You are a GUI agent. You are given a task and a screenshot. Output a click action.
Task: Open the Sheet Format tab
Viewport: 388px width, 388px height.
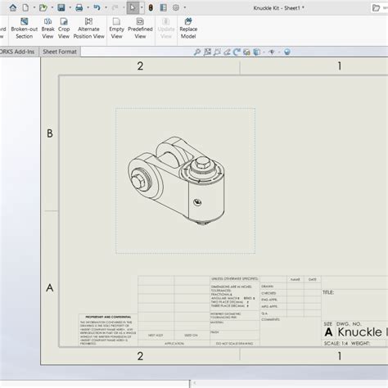[x=61, y=51]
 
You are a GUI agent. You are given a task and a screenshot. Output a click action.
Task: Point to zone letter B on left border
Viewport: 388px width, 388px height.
[x=49, y=133]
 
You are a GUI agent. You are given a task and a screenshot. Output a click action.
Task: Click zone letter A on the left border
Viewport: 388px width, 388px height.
[x=49, y=287]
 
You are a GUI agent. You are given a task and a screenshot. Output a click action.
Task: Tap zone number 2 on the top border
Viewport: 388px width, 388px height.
[x=140, y=67]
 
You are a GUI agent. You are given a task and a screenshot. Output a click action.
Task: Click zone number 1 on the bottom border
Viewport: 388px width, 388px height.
[x=340, y=355]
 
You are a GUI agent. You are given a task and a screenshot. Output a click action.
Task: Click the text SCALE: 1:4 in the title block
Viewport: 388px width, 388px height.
[x=341, y=344]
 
